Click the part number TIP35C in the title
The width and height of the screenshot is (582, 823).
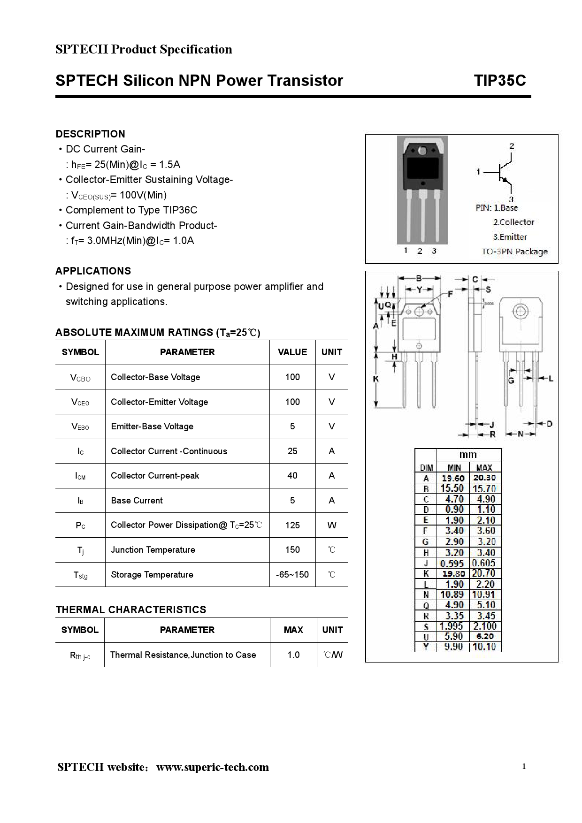click(x=499, y=81)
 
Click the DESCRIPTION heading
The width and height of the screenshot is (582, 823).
click(x=90, y=134)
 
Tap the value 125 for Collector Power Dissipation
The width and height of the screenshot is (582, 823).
click(x=292, y=525)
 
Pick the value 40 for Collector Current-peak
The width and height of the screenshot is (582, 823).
click(x=292, y=476)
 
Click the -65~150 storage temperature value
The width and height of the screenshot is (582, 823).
click(x=292, y=575)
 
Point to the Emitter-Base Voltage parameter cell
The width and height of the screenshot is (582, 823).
click(x=152, y=427)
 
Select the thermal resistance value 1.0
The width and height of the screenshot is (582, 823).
click(x=293, y=655)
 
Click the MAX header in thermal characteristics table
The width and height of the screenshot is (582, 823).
click(x=293, y=630)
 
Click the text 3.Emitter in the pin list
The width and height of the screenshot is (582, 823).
click(x=510, y=237)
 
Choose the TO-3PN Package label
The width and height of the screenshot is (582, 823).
click(x=514, y=251)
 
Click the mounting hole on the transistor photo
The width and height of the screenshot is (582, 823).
click(x=422, y=151)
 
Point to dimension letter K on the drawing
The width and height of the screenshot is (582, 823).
click(x=376, y=379)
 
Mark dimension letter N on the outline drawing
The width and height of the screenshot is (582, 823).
click(x=521, y=434)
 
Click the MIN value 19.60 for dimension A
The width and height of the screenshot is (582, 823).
click(x=453, y=478)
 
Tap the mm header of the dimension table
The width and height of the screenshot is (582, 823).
click(x=468, y=455)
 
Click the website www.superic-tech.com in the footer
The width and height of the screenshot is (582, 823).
click(x=213, y=767)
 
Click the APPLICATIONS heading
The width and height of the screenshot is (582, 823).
click(x=93, y=271)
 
